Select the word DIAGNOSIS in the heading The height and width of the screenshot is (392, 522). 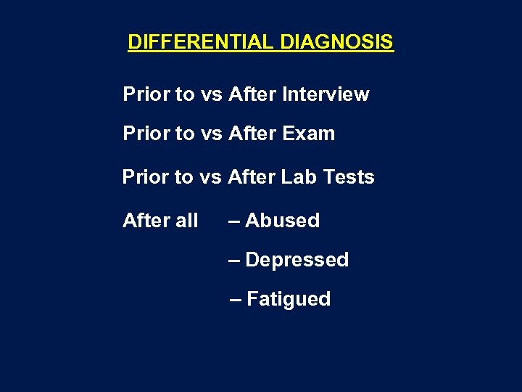[336, 42]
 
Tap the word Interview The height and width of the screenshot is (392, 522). [326, 94]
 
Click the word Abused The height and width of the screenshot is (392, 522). [283, 221]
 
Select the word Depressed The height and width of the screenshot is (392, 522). [297, 260]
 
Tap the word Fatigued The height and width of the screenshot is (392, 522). [289, 299]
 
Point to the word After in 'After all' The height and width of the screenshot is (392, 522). [147, 221]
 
